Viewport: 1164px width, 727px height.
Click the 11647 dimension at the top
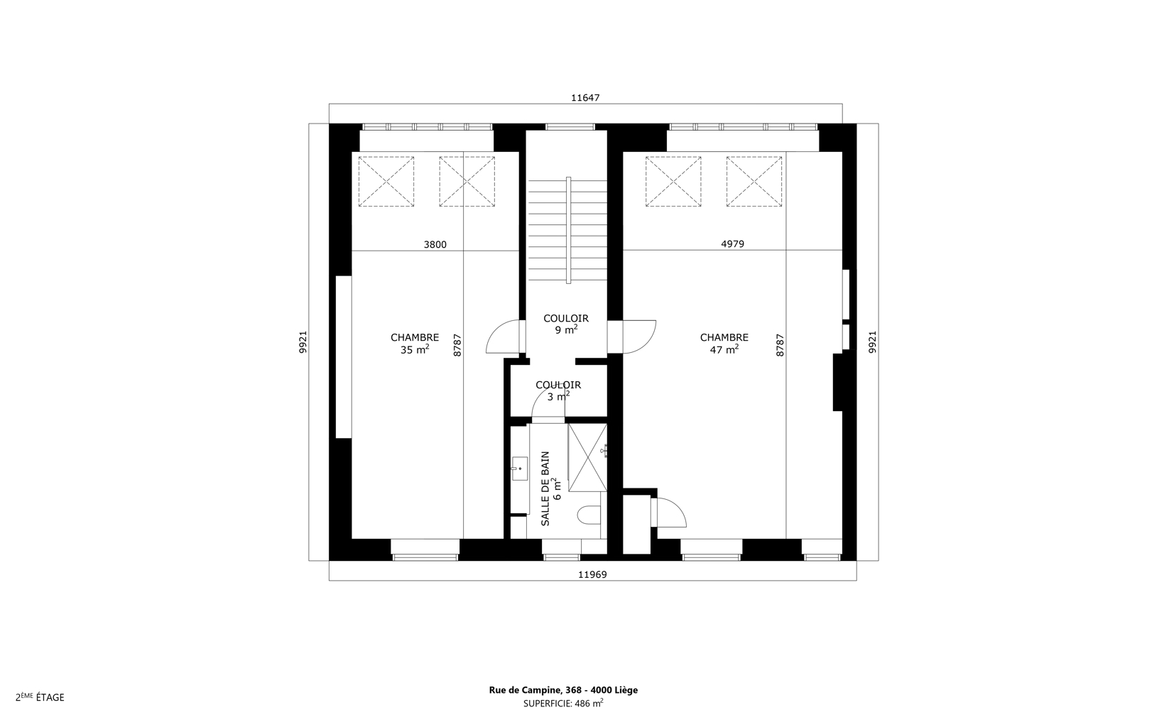[585, 98]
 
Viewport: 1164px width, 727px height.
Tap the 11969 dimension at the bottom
[592, 575]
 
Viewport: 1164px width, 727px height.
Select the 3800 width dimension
[435, 245]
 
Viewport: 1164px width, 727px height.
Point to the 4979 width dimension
[733, 244]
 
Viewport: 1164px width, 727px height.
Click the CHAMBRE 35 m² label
[415, 344]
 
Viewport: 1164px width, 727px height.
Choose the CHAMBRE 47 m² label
[724, 344]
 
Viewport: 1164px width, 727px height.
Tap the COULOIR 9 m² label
[566, 324]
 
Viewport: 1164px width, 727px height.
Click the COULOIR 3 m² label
[559, 390]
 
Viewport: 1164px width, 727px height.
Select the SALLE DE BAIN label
[545, 488]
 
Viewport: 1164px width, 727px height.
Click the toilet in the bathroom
[589, 515]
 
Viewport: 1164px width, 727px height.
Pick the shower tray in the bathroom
[587, 457]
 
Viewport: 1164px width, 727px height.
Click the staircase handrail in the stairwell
[568, 230]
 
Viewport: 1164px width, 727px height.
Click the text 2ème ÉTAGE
[40, 697]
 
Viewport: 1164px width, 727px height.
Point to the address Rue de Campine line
[563, 690]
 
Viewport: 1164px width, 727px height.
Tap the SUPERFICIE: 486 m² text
[563, 703]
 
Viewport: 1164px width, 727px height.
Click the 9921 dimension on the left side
[303, 342]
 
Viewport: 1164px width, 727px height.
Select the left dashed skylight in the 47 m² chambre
[673, 181]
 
